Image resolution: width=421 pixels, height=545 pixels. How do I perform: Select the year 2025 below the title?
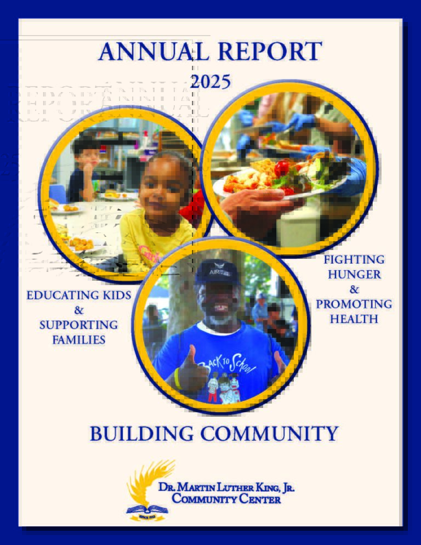(210, 82)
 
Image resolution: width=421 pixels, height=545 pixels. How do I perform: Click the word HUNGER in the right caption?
(354, 274)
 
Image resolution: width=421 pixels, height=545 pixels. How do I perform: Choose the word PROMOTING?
(354, 304)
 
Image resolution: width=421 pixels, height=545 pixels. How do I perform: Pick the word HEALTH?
(354, 319)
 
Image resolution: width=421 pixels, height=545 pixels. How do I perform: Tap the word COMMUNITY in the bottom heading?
(269, 434)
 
